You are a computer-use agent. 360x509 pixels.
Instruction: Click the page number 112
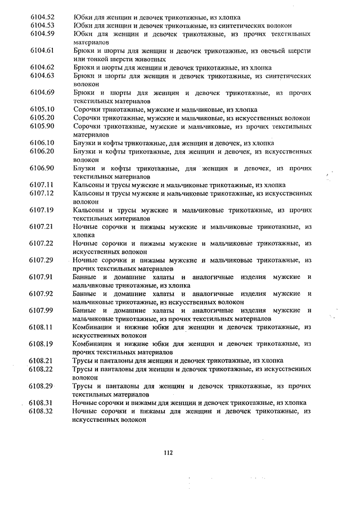point(168,454)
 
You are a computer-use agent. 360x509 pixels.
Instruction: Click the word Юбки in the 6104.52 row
point(83,17)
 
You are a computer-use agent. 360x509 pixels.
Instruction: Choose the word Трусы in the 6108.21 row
point(83,361)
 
